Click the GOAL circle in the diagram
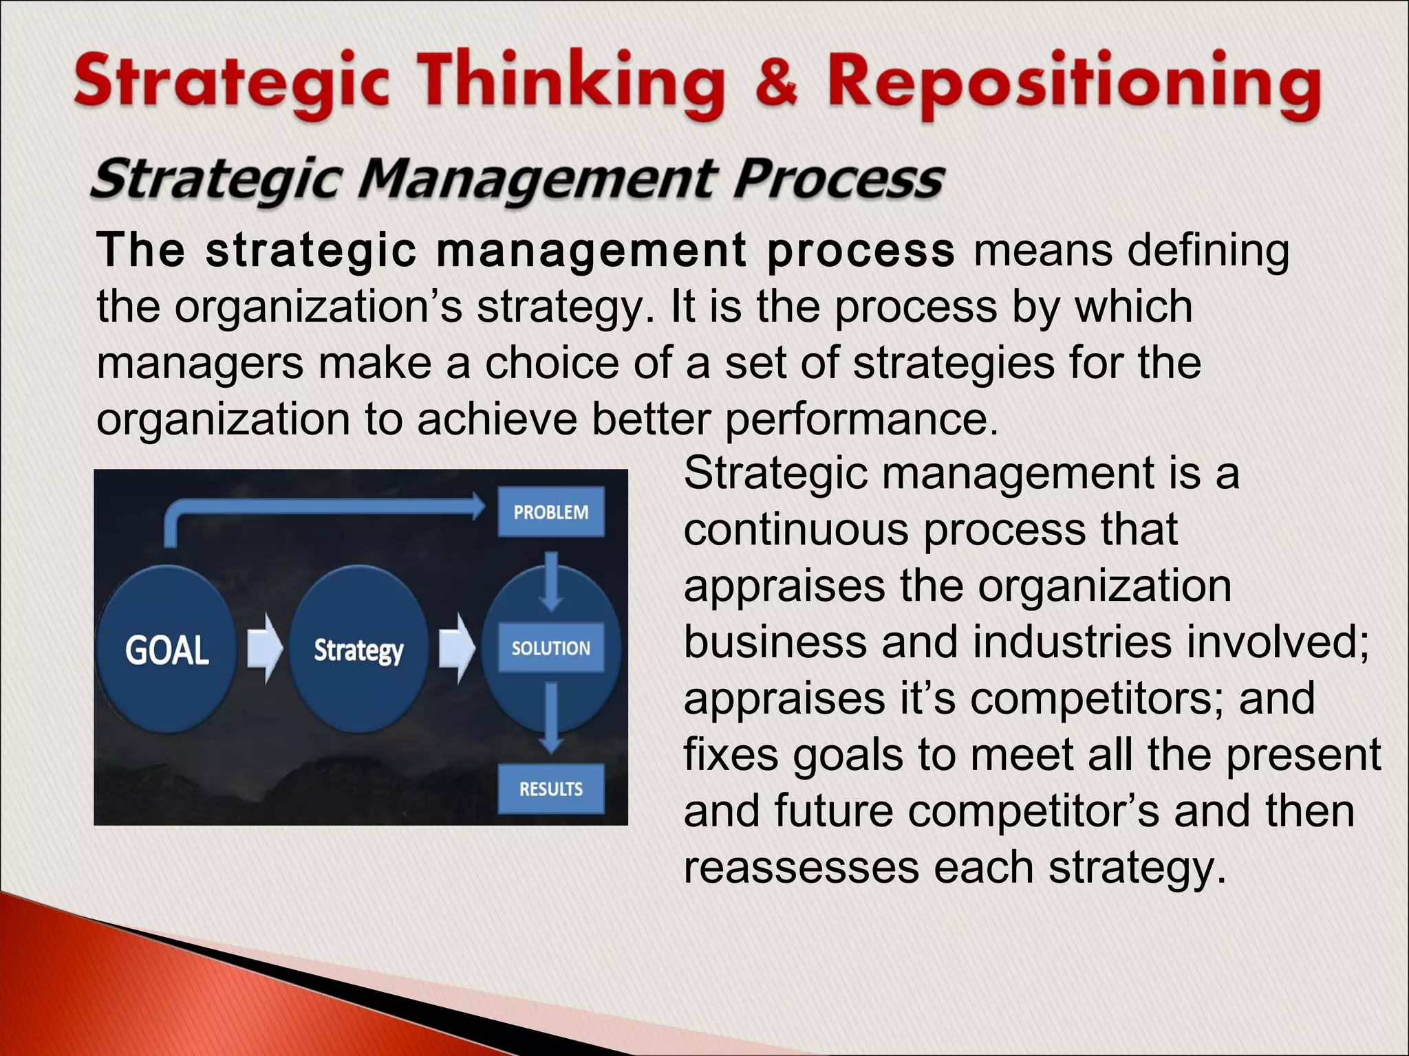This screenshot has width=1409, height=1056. [x=166, y=649]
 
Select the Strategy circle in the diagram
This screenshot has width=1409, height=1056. [x=358, y=649]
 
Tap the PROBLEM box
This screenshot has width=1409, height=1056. [x=550, y=512]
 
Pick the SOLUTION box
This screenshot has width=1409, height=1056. [x=550, y=648]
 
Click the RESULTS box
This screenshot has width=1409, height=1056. [x=550, y=789]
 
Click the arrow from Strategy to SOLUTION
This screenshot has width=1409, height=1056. [x=456, y=648]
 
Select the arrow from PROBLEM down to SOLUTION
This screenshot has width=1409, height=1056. [x=550, y=581]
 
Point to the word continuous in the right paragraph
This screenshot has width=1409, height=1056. [x=796, y=530]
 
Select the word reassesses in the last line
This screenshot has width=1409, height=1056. [x=801, y=868]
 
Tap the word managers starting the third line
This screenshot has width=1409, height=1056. [x=200, y=363]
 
